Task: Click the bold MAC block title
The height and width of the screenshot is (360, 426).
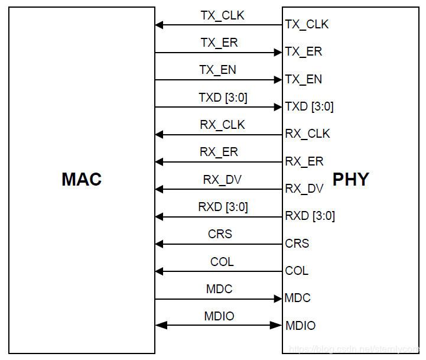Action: pyautogui.click(x=82, y=179)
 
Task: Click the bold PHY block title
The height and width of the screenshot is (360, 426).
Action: pyautogui.click(x=350, y=179)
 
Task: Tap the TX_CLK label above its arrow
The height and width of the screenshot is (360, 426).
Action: pyautogui.click(x=222, y=15)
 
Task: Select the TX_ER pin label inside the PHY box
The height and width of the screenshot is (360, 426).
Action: pyautogui.click(x=304, y=52)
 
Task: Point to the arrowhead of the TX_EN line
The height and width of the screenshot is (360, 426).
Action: pyautogui.click(x=278, y=80)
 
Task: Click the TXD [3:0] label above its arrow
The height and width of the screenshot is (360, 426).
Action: pyautogui.click(x=223, y=98)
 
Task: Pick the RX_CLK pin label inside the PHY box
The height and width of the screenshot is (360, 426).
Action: pyautogui.click(x=307, y=134)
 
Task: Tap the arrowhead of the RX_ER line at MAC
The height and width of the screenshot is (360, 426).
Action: pyautogui.click(x=159, y=162)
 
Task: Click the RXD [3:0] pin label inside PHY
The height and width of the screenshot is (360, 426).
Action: pyautogui.click(x=310, y=216)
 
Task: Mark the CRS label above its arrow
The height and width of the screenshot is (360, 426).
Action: pyautogui.click(x=220, y=234)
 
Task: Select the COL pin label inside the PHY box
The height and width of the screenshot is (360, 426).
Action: pyautogui.click(x=297, y=271)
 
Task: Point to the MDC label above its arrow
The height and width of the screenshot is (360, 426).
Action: pyautogui.click(x=219, y=289)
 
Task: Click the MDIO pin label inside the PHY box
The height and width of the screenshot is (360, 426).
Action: pyautogui.click(x=300, y=326)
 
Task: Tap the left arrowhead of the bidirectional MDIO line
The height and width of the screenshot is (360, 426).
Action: pyautogui.click(x=159, y=325)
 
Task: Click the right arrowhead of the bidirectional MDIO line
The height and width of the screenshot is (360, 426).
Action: pyautogui.click(x=277, y=325)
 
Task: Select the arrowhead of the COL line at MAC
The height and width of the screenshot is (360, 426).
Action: pyautogui.click(x=159, y=271)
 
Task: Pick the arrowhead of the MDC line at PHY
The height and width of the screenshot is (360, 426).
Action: pyautogui.click(x=278, y=299)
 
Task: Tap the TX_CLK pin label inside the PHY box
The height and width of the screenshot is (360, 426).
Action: pyautogui.click(x=307, y=24)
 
